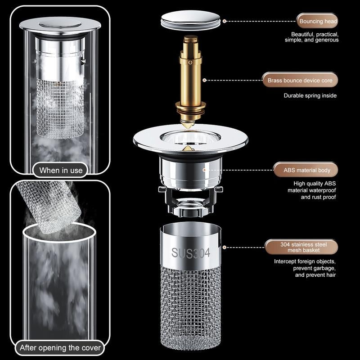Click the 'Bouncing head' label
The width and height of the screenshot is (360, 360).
tap(317, 21)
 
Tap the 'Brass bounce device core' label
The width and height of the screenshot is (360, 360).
tap(300, 81)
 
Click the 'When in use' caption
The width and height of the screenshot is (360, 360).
tap(61, 170)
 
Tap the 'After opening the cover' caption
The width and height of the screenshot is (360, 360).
tap(60, 348)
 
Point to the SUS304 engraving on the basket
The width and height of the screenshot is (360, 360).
tap(191, 253)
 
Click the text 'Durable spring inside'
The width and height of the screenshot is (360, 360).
tap(310, 95)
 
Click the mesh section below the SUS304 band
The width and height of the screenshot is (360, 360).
tap(191, 306)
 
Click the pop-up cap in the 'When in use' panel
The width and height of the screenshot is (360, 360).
tap(61, 24)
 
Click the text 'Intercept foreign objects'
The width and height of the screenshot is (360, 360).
tap(305, 261)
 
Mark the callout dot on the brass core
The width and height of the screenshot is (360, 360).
tap(205, 81)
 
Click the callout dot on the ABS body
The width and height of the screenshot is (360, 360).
tap(205, 170)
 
